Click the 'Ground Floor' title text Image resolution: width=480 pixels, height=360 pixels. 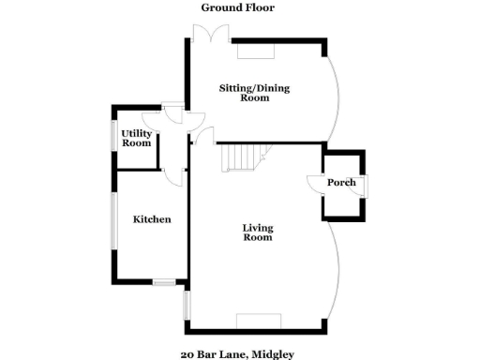[x=237, y=7]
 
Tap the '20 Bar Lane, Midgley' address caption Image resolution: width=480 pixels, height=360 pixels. [x=237, y=354]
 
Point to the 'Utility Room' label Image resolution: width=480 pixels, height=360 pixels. [x=137, y=139]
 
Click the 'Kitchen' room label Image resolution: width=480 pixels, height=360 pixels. [x=152, y=219]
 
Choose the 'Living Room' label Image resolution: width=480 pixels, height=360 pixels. [x=257, y=232]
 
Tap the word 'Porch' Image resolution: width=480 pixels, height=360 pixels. [x=341, y=182]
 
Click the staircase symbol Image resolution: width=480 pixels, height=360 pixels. [x=244, y=157]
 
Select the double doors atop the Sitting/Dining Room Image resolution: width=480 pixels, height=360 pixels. [x=204, y=34]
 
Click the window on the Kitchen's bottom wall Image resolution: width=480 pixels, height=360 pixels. [x=164, y=281]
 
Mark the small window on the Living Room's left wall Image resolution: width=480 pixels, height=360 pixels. [x=187, y=304]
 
